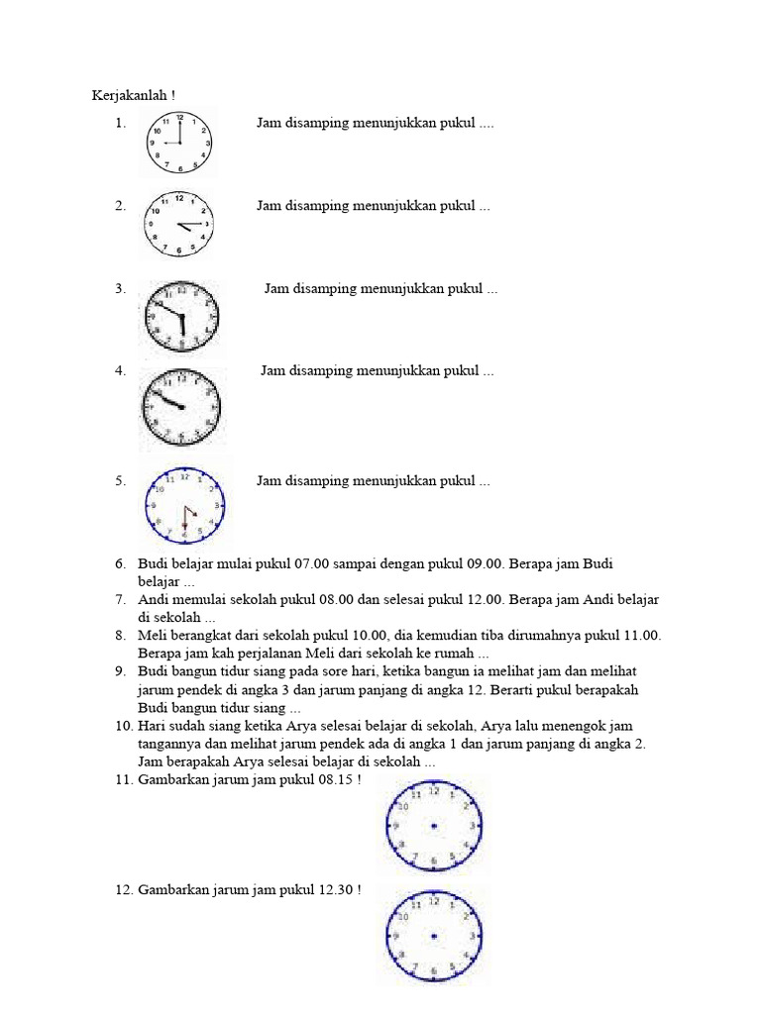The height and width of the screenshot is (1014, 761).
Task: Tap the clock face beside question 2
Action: click(x=178, y=225)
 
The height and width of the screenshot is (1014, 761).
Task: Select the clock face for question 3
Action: click(x=179, y=316)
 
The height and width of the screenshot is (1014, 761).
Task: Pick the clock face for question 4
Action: click(x=180, y=406)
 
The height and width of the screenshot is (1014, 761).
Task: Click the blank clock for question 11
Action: click(x=434, y=826)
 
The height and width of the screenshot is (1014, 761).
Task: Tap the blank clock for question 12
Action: click(x=434, y=936)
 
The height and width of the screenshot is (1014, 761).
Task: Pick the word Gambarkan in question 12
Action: click(x=168, y=890)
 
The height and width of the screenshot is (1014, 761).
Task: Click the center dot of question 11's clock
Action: click(x=434, y=826)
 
